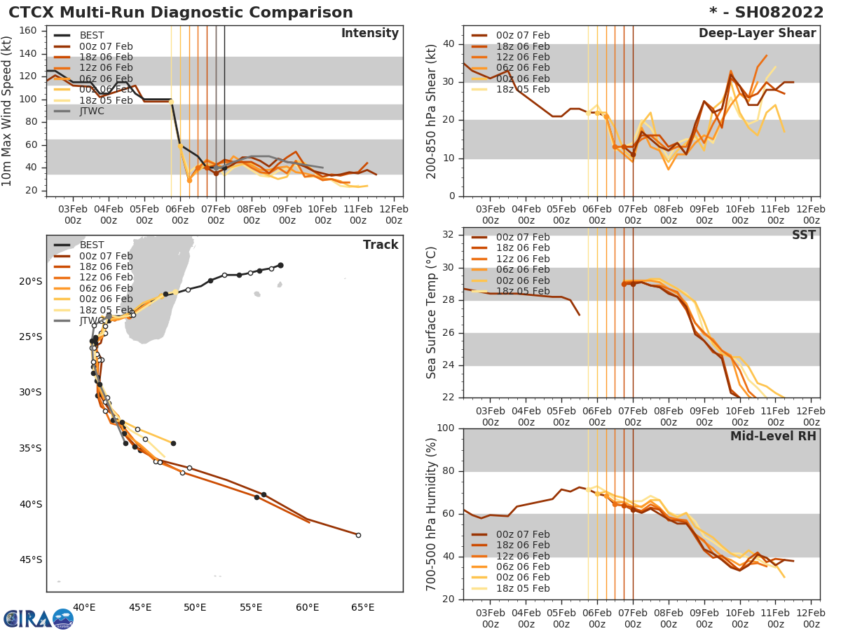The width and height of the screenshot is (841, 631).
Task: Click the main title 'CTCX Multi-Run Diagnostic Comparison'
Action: click(181, 13)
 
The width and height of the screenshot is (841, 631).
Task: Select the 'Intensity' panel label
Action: click(369, 34)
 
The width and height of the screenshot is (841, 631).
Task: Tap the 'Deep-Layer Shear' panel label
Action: click(757, 34)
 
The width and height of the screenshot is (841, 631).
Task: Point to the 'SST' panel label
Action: click(804, 235)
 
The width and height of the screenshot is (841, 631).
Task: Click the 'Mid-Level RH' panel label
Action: click(773, 436)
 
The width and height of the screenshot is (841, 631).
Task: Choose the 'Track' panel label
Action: click(381, 245)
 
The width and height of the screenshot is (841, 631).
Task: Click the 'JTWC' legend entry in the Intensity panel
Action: click(92, 111)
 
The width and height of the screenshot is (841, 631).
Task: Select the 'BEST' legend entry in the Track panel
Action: click(92, 245)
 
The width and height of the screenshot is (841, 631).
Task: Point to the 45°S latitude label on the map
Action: click(31, 559)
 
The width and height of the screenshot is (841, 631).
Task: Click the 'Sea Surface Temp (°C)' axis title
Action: click(432, 313)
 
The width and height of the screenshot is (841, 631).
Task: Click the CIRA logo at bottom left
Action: click(39, 619)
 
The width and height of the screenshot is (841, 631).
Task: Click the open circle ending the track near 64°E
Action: click(358, 535)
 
